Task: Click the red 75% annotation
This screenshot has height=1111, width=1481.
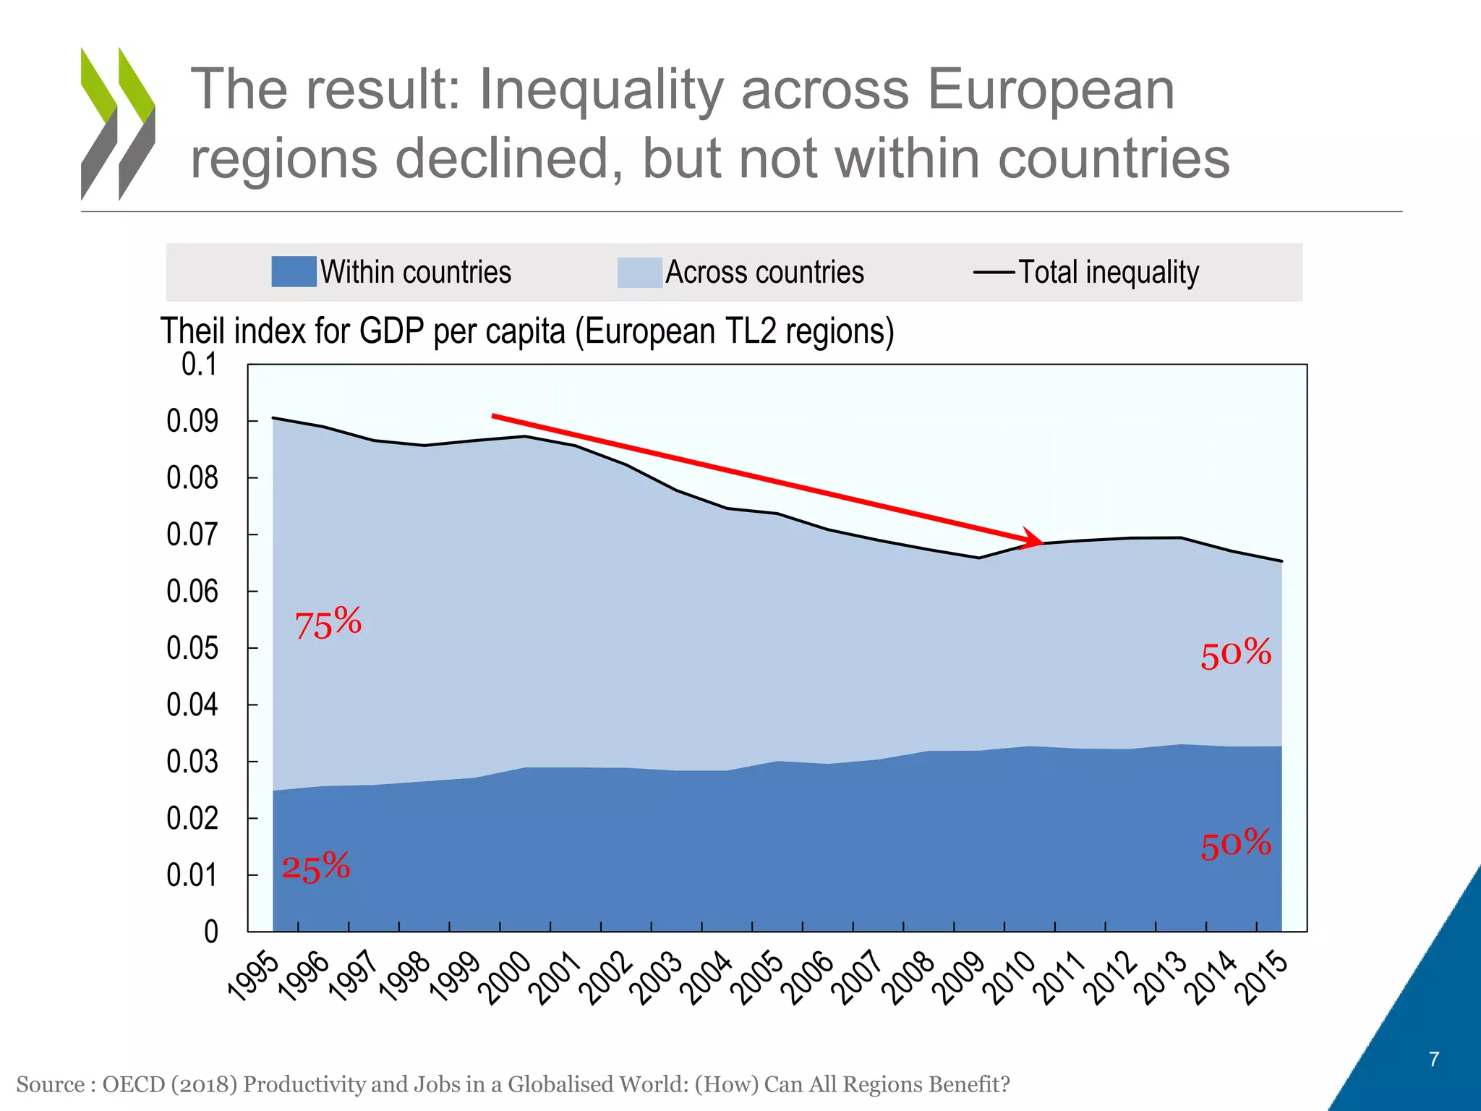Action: pyautogui.click(x=328, y=623)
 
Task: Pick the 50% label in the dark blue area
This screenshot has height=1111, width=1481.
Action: pyautogui.click(x=1235, y=844)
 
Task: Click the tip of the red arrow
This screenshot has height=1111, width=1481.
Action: pyautogui.click(x=1042, y=542)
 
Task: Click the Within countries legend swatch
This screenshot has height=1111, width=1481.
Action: pyautogui.click(x=294, y=272)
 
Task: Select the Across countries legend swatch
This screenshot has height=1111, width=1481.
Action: pyautogui.click(x=639, y=273)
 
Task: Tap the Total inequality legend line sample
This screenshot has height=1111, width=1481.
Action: pyautogui.click(x=994, y=273)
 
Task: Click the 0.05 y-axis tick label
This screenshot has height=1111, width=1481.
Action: pyautogui.click(x=192, y=648)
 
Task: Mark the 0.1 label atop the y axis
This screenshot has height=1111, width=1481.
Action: pyautogui.click(x=199, y=365)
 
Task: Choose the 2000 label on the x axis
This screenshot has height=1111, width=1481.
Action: pyautogui.click(x=508, y=978)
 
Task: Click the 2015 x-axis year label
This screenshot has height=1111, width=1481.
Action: pyautogui.click(x=1265, y=978)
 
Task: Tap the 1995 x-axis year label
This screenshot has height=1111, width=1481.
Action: pyautogui.click(x=253, y=978)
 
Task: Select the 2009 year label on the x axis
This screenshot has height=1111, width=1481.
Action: pyautogui.click(x=963, y=978)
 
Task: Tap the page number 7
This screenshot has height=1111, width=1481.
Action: pyautogui.click(x=1434, y=1060)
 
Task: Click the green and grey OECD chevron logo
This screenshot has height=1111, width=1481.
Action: pyautogui.click(x=118, y=124)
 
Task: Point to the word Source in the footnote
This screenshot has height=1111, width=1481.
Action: pyautogui.click(x=50, y=1084)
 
